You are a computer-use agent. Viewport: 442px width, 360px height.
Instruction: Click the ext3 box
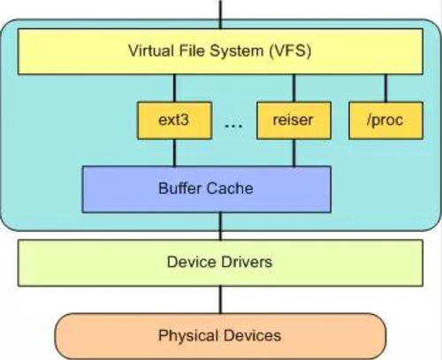(174, 120)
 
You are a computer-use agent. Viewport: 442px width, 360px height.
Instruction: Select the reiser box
(293, 120)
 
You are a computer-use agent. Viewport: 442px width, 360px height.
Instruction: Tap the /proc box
(386, 120)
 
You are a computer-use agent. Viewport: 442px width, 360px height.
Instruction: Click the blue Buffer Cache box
(207, 189)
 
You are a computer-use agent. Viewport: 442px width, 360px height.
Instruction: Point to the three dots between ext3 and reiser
(233, 126)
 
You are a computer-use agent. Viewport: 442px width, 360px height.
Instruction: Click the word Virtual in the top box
(151, 50)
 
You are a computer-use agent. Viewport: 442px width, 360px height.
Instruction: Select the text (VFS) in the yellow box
(290, 51)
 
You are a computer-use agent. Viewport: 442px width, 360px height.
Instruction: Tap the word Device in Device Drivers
(191, 262)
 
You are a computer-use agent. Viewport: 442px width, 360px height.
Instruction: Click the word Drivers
(247, 262)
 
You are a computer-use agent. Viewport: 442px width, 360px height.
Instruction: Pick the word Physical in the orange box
(188, 336)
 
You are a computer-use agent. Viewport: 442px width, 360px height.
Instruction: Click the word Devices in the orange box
(252, 335)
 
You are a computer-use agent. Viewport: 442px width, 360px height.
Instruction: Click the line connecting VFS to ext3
(174, 88)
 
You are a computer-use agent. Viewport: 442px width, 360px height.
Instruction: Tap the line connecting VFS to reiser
(293, 88)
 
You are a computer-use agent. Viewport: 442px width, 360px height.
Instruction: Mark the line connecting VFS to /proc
(386, 88)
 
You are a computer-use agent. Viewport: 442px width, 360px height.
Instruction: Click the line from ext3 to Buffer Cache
(174, 153)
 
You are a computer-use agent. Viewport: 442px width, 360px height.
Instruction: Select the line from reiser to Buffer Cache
(293, 153)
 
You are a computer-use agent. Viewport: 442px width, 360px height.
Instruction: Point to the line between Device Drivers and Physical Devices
(220, 300)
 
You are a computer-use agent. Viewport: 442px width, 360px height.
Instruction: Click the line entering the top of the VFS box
(220, 14)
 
